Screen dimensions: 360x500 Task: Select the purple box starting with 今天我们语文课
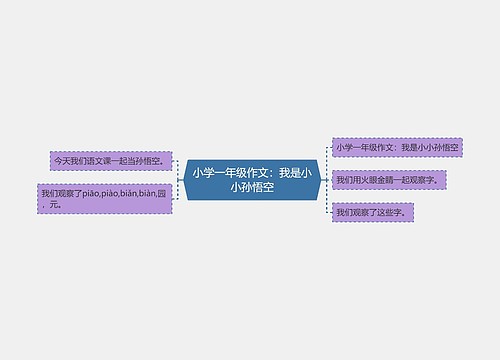[110, 160]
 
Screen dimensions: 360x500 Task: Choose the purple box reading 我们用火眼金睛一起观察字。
[390, 180]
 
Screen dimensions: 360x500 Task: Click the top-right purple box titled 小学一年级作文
[397, 147]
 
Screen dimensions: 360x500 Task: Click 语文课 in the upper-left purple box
[100, 160]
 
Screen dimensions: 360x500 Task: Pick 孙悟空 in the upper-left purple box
[148, 160]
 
